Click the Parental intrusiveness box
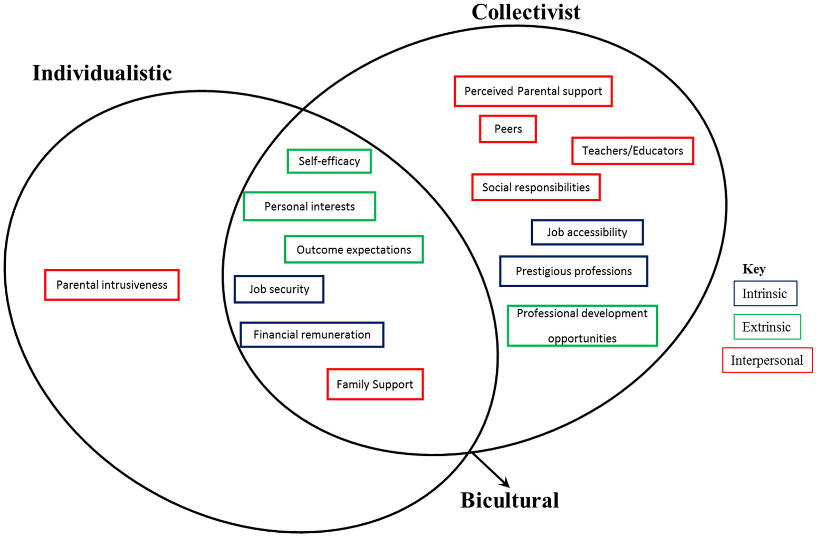click(x=112, y=285)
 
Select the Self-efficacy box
click(x=329, y=161)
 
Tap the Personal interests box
click(x=310, y=207)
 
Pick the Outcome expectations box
click(x=353, y=250)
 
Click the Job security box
click(x=279, y=289)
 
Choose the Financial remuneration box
click(x=312, y=335)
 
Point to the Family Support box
click(x=375, y=384)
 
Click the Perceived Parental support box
click(x=533, y=91)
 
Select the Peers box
click(x=508, y=129)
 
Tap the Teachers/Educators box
click(x=632, y=151)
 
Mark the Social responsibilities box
click(x=536, y=188)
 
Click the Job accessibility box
click(x=587, y=232)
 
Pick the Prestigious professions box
click(x=573, y=271)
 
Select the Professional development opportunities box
click(x=582, y=326)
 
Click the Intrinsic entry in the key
click(x=765, y=294)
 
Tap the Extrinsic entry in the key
click(x=767, y=327)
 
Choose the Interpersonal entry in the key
click(x=767, y=360)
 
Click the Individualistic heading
click(x=102, y=73)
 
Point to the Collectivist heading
click(x=525, y=12)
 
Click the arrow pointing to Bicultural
click(x=491, y=470)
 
